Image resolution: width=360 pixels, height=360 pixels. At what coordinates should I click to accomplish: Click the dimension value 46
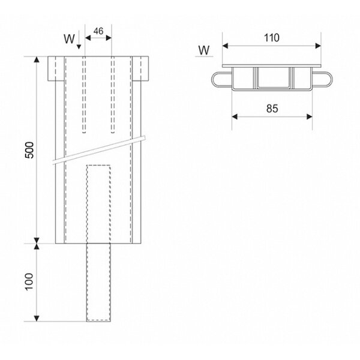click(x=98, y=31)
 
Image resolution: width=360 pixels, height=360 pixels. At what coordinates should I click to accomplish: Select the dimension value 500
click(x=29, y=150)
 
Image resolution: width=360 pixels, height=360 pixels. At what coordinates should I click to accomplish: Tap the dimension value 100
click(x=29, y=282)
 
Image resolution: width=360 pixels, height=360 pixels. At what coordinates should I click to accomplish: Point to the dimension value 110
click(x=272, y=38)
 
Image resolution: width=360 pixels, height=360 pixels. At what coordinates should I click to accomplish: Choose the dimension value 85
click(x=272, y=109)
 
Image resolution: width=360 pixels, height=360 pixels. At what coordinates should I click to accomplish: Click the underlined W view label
click(x=204, y=50)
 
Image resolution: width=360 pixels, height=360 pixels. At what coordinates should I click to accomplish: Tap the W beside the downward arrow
click(x=70, y=39)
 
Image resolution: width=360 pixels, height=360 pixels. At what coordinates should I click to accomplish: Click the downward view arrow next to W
click(x=79, y=40)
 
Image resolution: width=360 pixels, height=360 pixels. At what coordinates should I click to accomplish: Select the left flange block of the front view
click(x=56, y=68)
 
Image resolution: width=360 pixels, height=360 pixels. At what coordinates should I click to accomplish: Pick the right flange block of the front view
click(x=140, y=68)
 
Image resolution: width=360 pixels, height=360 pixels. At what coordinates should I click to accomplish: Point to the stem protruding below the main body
click(x=98, y=283)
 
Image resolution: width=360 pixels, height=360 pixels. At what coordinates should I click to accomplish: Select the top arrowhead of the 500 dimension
click(x=37, y=59)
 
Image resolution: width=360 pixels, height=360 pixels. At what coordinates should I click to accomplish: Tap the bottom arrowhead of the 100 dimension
click(x=37, y=319)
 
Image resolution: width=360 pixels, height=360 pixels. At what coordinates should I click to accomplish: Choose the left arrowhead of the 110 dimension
click(x=225, y=46)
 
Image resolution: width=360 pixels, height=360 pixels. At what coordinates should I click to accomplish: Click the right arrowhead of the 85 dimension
click(x=309, y=116)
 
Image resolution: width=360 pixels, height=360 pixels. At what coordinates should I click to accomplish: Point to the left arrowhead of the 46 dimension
click(x=88, y=38)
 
